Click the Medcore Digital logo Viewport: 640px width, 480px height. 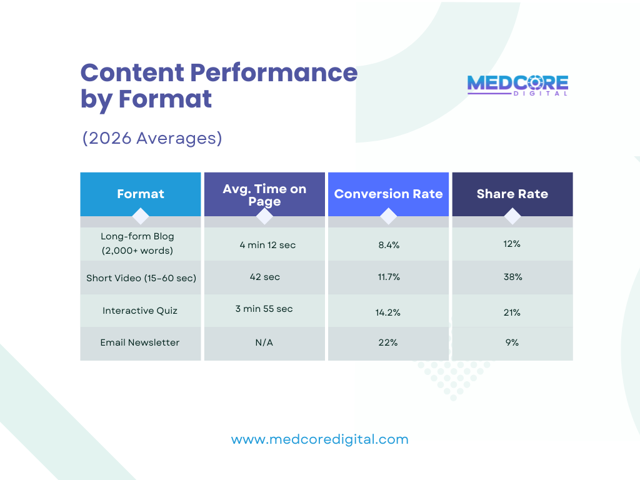point(517,85)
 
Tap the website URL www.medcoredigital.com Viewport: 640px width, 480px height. point(319,439)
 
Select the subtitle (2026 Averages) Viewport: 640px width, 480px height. point(152,137)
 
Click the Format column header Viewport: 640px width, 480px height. point(141,194)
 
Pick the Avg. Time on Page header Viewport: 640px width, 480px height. point(264,194)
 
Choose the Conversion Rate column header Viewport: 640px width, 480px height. point(388,194)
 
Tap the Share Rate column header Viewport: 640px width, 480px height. point(512,194)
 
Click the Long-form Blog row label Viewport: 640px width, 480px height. point(137,244)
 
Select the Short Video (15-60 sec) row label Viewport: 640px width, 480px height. point(141,277)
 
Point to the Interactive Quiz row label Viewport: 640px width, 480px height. point(140,311)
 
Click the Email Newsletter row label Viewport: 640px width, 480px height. point(140,342)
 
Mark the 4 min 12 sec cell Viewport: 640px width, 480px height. point(267,245)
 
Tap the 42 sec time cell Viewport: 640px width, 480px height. point(264,277)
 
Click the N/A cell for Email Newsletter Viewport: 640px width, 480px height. point(264,342)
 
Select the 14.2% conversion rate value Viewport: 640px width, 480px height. point(388,312)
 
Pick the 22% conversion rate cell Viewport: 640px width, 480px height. point(388,342)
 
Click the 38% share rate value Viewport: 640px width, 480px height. point(512,277)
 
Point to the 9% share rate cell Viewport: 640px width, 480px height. point(512,342)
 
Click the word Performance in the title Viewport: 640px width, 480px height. point(274,73)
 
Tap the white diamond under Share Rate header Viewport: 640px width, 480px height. point(512,216)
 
